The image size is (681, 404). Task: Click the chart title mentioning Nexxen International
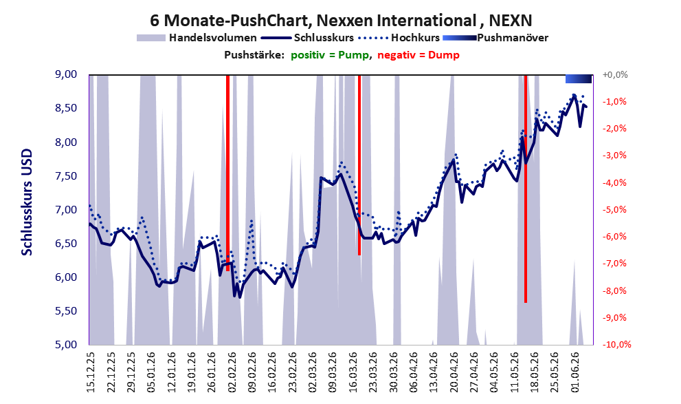pos(341,20)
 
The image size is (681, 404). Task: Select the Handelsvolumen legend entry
pos(197,38)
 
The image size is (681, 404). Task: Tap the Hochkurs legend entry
pos(399,38)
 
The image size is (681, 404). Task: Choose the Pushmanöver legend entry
pos(495,38)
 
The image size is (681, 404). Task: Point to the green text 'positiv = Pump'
pos(330,55)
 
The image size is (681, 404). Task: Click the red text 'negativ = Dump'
pos(418,55)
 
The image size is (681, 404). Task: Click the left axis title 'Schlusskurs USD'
pos(27,202)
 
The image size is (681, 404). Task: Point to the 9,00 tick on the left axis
pos(66,74)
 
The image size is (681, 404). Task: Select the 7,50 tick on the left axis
pos(66,176)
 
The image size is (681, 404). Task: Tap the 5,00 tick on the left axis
pos(66,344)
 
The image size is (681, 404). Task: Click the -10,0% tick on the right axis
pos(616,344)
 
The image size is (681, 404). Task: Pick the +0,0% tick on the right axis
pos(615,75)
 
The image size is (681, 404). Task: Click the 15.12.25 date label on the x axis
pos(90,372)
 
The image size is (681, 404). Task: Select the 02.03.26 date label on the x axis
pos(313,372)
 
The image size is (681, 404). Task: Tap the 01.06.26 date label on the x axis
pos(575,372)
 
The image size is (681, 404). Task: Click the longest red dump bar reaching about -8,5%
pos(526,189)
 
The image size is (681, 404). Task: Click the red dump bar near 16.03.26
pos(359,164)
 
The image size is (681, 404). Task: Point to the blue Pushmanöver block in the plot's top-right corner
pos(579,78)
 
